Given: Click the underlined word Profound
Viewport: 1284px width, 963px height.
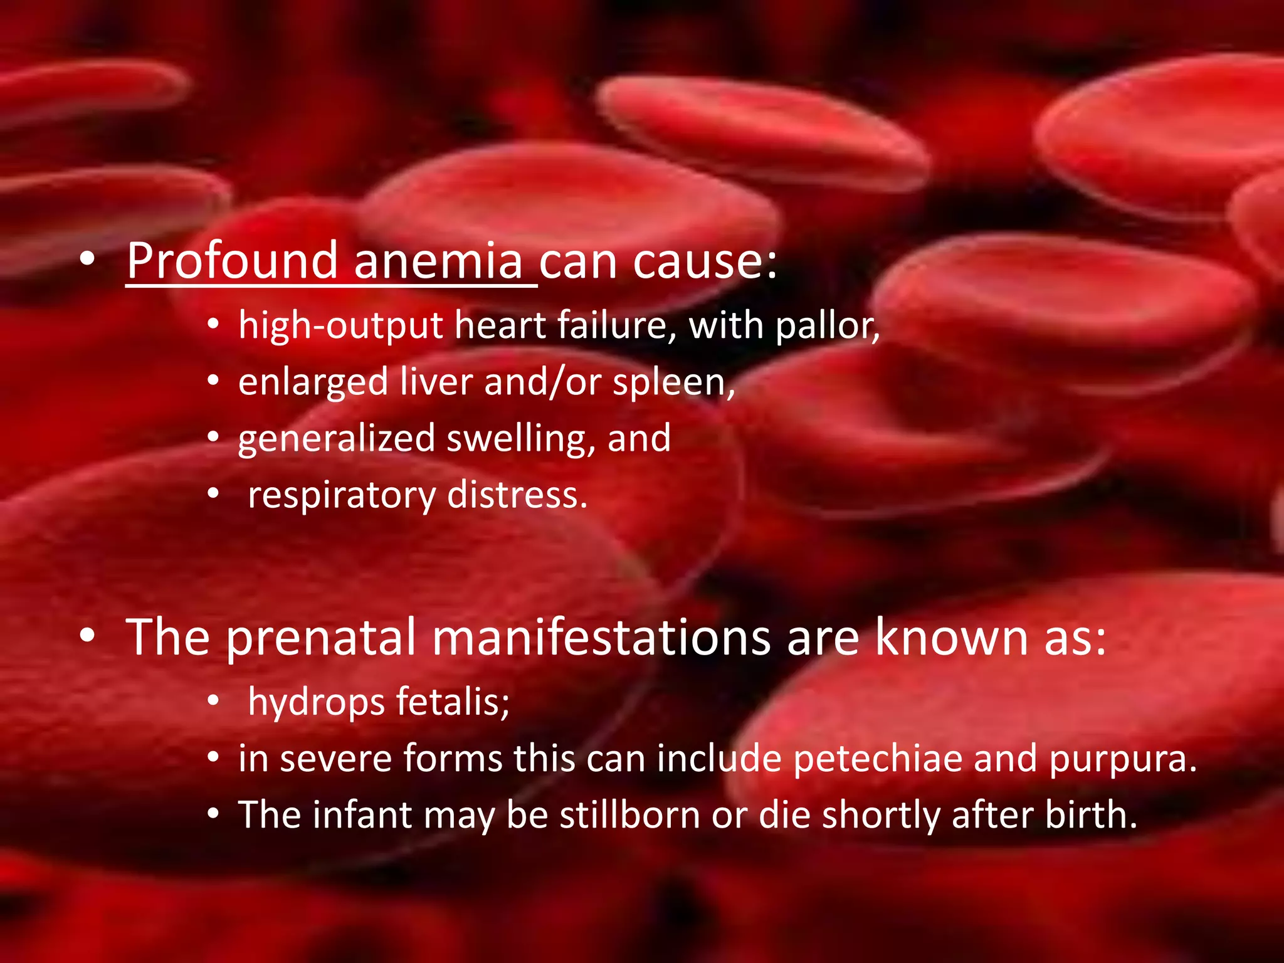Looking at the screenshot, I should click(232, 261).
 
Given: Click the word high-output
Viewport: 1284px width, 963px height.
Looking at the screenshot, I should click(341, 327).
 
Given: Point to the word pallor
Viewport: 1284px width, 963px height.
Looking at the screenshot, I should click(826, 327).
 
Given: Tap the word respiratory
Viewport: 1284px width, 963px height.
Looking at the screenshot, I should click(342, 496).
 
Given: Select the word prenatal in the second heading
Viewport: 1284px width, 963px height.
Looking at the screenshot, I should click(321, 638).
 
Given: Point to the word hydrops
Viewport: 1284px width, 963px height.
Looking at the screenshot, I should click(316, 702).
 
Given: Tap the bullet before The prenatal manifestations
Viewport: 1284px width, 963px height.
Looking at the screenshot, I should click(87, 636).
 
